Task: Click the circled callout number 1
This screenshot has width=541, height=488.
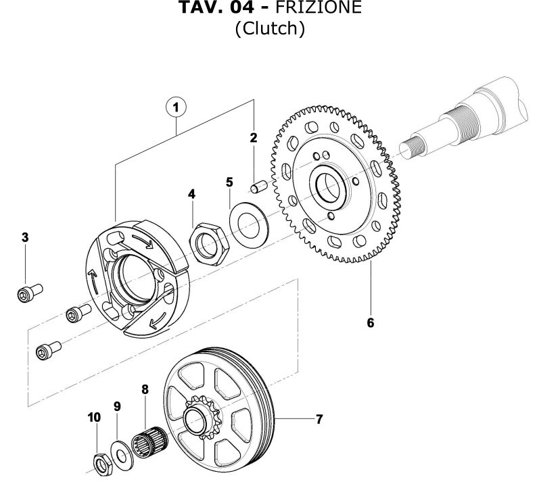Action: [x=177, y=107]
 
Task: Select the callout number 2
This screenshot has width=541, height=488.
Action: [x=254, y=139]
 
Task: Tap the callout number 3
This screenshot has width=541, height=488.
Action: [x=25, y=237]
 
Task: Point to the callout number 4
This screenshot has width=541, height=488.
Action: [x=192, y=194]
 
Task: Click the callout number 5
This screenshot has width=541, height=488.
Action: [x=229, y=182]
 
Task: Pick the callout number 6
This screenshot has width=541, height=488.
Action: [x=370, y=322]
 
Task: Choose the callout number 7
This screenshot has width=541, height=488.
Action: [x=319, y=419]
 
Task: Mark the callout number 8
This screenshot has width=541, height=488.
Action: [x=144, y=389]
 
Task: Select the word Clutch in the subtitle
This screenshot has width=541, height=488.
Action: [x=270, y=30]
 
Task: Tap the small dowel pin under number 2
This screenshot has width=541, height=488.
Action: [x=256, y=187]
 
